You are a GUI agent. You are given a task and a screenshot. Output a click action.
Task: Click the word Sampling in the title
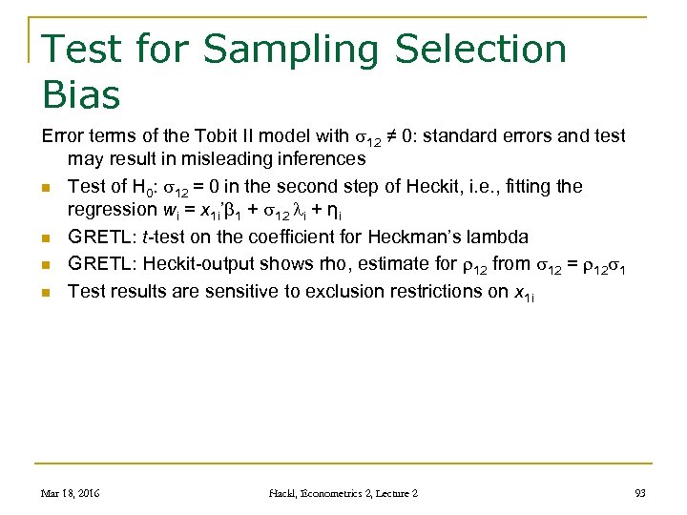click(283, 50)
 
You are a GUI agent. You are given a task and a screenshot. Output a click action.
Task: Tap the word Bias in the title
click(82, 95)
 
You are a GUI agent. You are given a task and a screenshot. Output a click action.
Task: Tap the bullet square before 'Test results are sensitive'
click(46, 292)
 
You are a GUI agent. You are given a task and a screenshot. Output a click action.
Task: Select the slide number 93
click(639, 493)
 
